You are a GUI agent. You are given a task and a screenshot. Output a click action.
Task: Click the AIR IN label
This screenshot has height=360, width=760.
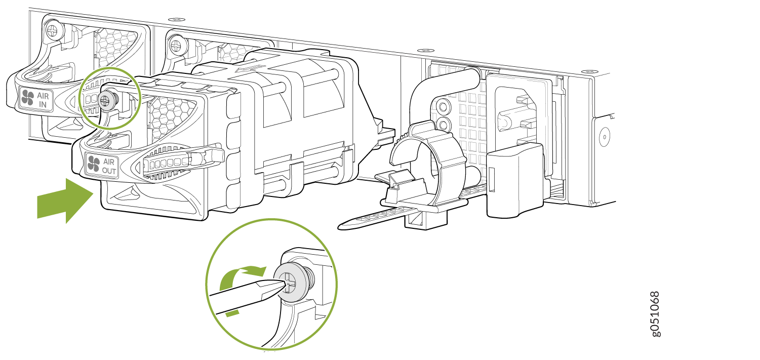click(x=35, y=99)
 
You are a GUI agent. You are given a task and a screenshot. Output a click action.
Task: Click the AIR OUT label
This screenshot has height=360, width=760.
click(x=102, y=165)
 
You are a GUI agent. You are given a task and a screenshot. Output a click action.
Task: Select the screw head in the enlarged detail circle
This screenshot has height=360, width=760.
click(x=292, y=283)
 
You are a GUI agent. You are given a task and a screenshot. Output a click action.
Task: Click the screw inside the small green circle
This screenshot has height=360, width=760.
click(x=106, y=100)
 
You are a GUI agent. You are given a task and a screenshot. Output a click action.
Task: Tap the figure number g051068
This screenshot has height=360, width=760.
click(x=655, y=314)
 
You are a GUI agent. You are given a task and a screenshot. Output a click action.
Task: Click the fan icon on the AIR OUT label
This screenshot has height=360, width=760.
click(x=94, y=164)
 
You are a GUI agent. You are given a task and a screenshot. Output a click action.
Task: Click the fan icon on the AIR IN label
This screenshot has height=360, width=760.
click(x=27, y=97)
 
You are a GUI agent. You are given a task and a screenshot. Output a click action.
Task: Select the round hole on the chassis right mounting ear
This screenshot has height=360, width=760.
click(x=605, y=137)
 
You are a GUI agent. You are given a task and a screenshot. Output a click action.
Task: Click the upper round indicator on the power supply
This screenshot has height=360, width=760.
click(x=443, y=107)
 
